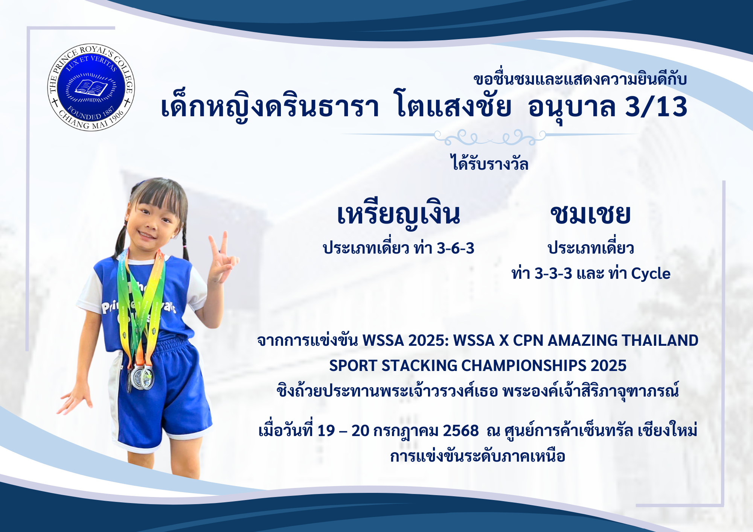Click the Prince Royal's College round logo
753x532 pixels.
click(91, 87)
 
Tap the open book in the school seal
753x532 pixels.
click(91, 88)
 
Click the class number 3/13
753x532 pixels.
click(656, 107)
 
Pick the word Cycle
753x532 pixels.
click(651, 274)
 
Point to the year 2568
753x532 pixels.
click(461, 431)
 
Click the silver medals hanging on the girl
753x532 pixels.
click(142, 376)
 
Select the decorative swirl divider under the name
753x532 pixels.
click(489, 137)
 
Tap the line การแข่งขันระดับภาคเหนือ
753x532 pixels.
click(478, 456)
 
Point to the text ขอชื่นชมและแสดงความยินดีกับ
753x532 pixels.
click(580, 79)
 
